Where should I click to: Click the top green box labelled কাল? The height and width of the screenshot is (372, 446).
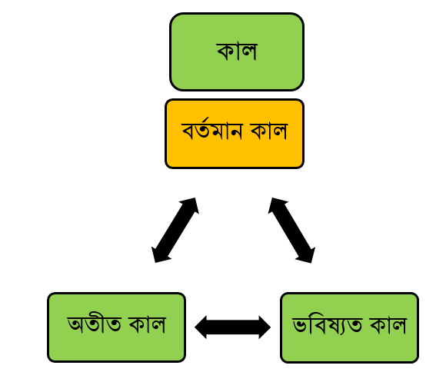[237, 51]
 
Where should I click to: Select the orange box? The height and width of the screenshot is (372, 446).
[235, 134]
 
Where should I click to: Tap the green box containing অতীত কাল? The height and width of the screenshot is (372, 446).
[117, 327]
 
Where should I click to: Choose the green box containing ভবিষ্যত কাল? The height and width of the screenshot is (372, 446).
[350, 327]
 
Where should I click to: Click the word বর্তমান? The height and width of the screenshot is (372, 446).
[212, 130]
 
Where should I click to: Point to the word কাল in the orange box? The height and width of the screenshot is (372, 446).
[269, 131]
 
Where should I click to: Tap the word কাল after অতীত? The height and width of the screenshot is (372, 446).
[148, 324]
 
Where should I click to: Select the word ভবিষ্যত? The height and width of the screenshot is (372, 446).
[328, 324]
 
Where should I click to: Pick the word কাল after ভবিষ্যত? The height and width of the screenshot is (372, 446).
[388, 324]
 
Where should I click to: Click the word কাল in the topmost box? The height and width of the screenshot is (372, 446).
[237, 51]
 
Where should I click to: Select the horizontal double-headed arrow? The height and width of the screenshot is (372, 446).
[233, 327]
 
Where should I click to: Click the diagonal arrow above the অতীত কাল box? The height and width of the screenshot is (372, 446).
[175, 230]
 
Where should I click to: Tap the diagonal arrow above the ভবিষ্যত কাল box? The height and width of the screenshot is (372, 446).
[291, 231]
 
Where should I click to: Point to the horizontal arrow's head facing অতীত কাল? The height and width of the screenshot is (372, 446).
[201, 327]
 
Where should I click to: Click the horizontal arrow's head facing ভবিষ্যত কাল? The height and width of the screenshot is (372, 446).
[265, 327]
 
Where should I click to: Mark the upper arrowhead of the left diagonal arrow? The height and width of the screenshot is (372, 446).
[190, 205]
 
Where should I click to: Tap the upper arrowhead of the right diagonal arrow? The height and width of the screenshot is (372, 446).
[277, 205]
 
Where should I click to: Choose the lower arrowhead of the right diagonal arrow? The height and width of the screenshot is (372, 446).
[306, 255]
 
